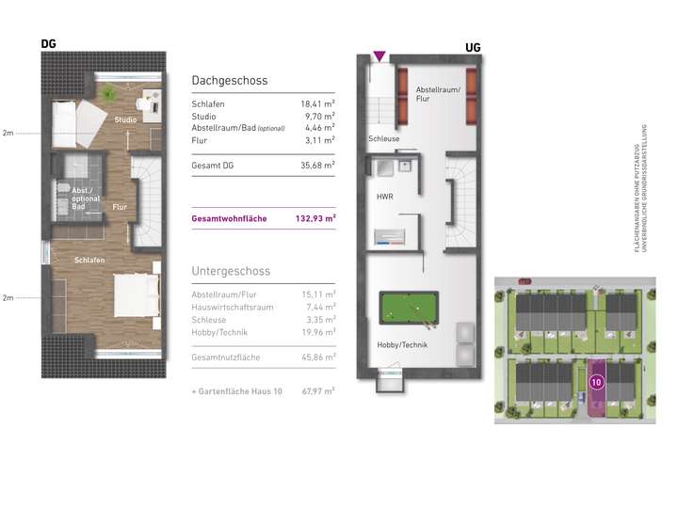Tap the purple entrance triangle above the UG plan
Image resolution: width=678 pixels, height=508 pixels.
(379, 57)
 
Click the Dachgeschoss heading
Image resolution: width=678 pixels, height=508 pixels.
(231, 82)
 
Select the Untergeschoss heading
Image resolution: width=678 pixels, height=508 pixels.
(231, 271)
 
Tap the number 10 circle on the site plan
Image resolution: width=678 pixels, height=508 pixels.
(596, 382)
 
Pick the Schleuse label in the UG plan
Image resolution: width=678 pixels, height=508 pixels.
(384, 138)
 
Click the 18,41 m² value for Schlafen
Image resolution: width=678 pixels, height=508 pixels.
(318, 104)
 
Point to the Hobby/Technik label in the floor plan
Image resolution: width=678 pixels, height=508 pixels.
(402, 345)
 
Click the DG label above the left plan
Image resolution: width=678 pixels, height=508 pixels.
(49, 43)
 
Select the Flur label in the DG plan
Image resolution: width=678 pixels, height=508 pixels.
(120, 206)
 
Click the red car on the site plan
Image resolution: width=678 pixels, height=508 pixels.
(524, 281)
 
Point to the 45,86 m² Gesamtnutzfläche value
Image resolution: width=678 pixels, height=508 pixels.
(318, 358)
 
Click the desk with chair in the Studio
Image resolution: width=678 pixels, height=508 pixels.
(148, 100)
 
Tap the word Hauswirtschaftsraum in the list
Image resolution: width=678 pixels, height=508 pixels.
(232, 307)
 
